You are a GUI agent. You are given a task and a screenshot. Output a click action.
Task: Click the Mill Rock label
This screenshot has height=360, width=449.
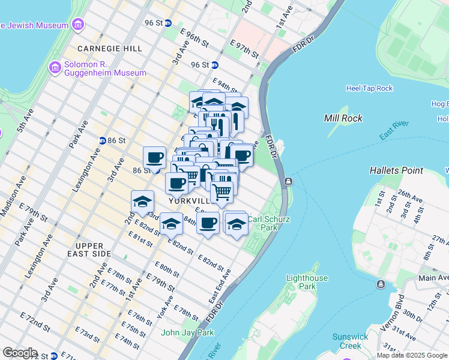pyautogui.click(x=343, y=118)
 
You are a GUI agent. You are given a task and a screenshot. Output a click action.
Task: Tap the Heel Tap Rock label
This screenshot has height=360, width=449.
pyautogui.click(x=369, y=88)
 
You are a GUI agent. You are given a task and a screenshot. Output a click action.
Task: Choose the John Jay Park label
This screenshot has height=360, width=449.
pyautogui.click(x=187, y=332)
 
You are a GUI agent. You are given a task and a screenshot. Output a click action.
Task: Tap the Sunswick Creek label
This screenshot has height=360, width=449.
pyautogui.click(x=351, y=341)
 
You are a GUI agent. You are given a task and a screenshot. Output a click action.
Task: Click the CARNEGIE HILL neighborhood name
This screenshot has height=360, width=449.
pyautogui.click(x=109, y=48)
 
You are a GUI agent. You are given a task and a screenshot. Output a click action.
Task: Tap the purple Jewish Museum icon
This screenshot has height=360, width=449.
pyautogui.click(x=77, y=25)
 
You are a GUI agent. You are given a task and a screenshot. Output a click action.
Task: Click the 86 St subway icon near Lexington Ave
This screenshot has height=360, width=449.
pyautogui.click(x=103, y=140)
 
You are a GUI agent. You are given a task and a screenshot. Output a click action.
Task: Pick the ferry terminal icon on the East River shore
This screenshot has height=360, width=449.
pyautogui.click(x=289, y=181)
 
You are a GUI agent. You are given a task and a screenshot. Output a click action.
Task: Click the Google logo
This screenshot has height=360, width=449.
pyautogui.click(x=20, y=353)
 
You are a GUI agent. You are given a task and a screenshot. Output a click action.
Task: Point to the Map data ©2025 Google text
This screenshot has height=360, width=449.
pyautogui.click(x=411, y=355)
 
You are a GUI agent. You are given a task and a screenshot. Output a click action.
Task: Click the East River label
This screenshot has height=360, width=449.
pyautogui.click(x=394, y=131)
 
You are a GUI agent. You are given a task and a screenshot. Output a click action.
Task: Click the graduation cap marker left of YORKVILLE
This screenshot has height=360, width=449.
pyautogui.click(x=142, y=202)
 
